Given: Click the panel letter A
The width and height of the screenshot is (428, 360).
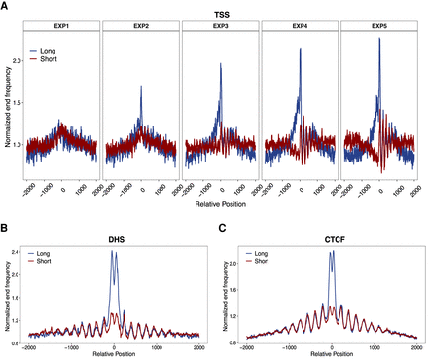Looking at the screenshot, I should pos(6,6).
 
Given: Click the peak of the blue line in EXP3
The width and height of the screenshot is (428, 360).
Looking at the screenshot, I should pos(220,64).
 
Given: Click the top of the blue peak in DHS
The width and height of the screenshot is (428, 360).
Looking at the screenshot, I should pos(114,278).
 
